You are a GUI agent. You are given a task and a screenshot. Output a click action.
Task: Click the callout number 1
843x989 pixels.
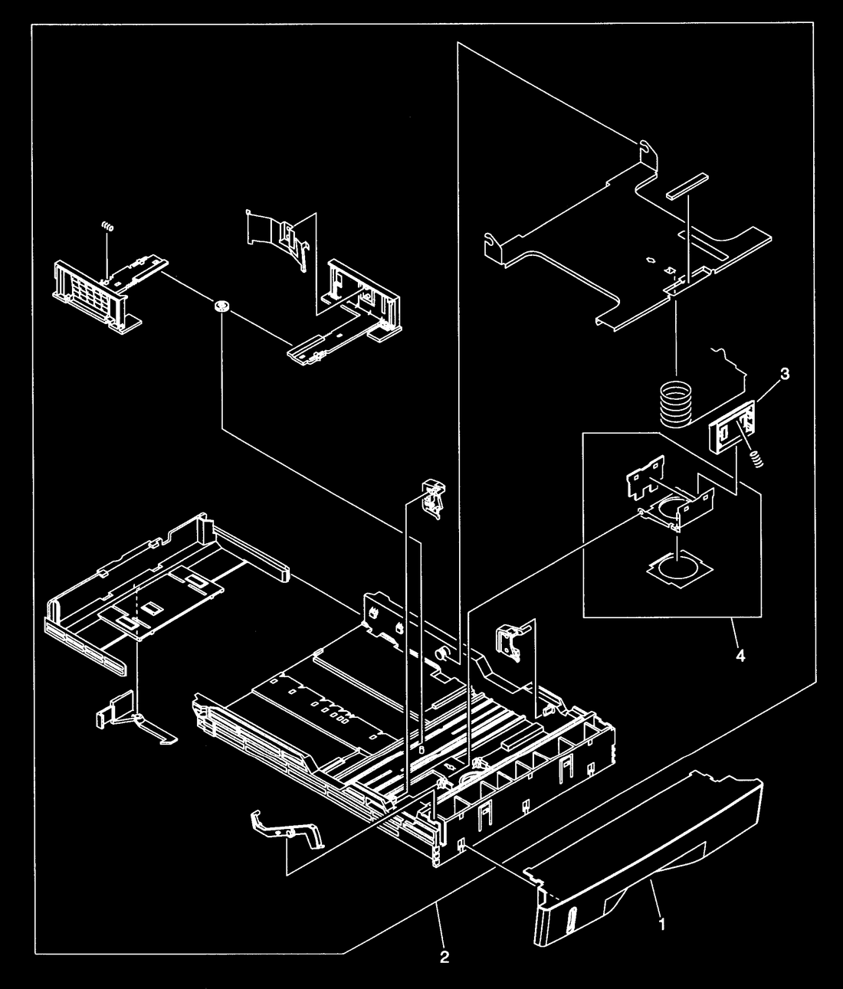pos(662,924)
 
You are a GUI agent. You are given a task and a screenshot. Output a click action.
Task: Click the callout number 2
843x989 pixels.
pos(444,957)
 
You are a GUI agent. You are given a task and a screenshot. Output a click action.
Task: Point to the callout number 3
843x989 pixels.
pos(785,374)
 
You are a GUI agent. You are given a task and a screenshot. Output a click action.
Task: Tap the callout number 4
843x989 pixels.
pos(740,656)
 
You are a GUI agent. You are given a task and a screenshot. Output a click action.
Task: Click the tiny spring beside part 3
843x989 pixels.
pos(757,460)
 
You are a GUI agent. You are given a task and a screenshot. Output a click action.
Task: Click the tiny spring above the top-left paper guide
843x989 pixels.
pos(108,227)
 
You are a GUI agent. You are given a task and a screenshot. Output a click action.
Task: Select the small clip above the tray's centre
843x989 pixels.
pos(433,500)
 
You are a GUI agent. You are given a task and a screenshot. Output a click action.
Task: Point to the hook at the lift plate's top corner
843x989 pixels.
pos(648,151)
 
